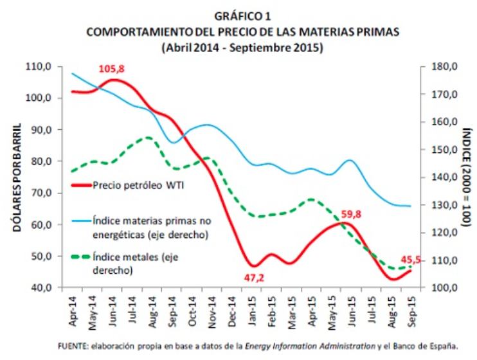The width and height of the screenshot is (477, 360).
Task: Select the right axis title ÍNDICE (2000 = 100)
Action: pyautogui.click(x=466, y=177)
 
